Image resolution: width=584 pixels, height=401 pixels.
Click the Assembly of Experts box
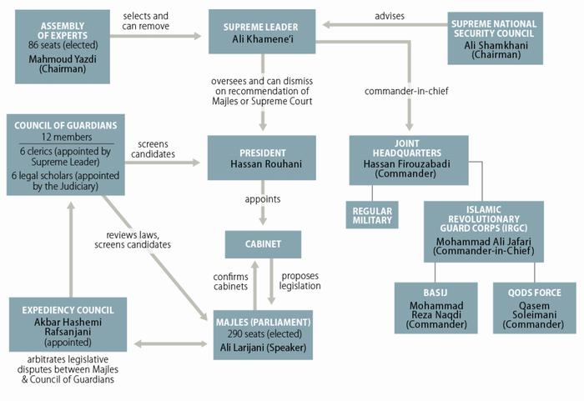(x=62, y=47)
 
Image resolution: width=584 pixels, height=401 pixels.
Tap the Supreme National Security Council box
(x=495, y=38)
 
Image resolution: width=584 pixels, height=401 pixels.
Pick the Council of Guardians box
(x=65, y=154)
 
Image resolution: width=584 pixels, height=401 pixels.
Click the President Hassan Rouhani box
(x=262, y=157)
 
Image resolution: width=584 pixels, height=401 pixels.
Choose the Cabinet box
(x=262, y=244)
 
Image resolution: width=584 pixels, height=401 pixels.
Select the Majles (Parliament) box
(x=262, y=334)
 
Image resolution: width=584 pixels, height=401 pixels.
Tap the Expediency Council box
(x=68, y=324)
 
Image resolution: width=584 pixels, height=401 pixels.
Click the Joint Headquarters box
(x=407, y=160)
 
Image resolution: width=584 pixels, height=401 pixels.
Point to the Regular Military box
(x=372, y=214)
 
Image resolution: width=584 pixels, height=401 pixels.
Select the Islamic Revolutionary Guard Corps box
(x=483, y=231)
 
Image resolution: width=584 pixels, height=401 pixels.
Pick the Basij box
(x=435, y=308)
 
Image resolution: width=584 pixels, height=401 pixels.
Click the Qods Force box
(x=535, y=308)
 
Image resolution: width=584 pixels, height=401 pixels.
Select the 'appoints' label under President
(x=262, y=199)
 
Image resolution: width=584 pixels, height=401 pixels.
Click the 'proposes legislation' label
(x=301, y=281)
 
